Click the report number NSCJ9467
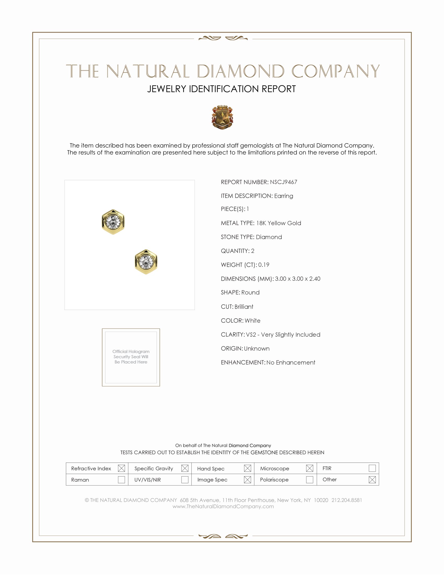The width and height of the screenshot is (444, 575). [283, 182]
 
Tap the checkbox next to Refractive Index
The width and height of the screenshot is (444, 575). [121, 468]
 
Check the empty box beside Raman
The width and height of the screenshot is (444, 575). [121, 480]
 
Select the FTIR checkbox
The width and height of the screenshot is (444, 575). [372, 468]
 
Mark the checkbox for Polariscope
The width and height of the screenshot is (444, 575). [309, 480]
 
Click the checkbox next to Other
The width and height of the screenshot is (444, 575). [372, 480]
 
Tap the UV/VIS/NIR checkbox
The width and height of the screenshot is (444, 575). [185, 480]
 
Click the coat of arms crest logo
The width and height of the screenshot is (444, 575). [222, 117]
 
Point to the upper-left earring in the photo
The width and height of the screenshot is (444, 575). [113, 222]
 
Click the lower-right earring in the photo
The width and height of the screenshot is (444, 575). [146, 262]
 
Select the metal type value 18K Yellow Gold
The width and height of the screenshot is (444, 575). [279, 223]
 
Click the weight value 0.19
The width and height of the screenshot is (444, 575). [264, 265]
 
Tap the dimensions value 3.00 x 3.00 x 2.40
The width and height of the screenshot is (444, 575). [297, 279]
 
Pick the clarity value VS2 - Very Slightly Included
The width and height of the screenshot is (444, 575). [283, 335]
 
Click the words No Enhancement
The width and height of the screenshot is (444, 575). [291, 363]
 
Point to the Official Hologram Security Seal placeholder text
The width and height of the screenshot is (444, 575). [131, 357]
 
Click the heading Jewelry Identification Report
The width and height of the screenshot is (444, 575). [221, 89]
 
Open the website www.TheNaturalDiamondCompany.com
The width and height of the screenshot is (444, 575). [223, 507]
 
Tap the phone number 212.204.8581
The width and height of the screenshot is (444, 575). [347, 500]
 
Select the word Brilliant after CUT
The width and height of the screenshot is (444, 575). [244, 307]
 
